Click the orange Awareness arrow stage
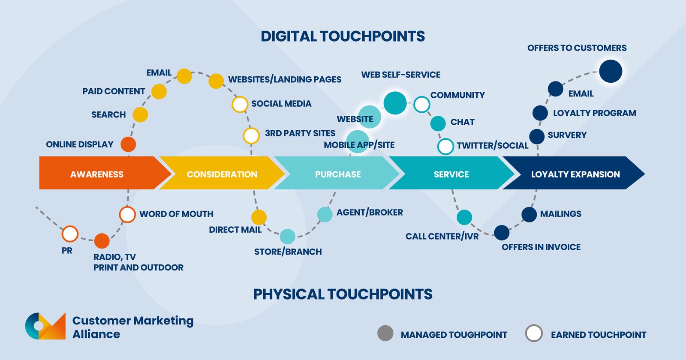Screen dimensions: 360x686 [97, 174]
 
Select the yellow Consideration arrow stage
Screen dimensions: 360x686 [222, 174]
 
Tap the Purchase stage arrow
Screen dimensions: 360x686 [337, 174]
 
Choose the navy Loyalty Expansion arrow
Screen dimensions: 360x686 [575, 174]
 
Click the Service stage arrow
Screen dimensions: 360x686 [451, 174]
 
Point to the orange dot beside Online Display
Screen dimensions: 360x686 [128, 144]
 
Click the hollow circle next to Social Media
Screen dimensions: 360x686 [240, 104]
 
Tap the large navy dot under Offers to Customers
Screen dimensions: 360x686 [610, 71]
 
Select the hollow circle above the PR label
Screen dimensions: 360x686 [70, 234]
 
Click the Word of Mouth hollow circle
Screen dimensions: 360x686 [127, 215]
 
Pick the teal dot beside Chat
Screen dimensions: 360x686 [438, 123]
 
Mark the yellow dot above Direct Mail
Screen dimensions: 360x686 [259, 217]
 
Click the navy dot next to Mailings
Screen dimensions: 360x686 [529, 215]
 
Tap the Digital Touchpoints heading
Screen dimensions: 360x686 [343, 36]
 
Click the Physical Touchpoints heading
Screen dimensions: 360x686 [343, 294]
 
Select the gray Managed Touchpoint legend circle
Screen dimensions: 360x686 [385, 333]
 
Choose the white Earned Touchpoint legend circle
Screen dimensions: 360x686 [534, 333]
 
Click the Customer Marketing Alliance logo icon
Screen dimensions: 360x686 [45, 326]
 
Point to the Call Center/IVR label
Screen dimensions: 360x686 [442, 236]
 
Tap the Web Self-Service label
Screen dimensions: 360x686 [400, 75]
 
